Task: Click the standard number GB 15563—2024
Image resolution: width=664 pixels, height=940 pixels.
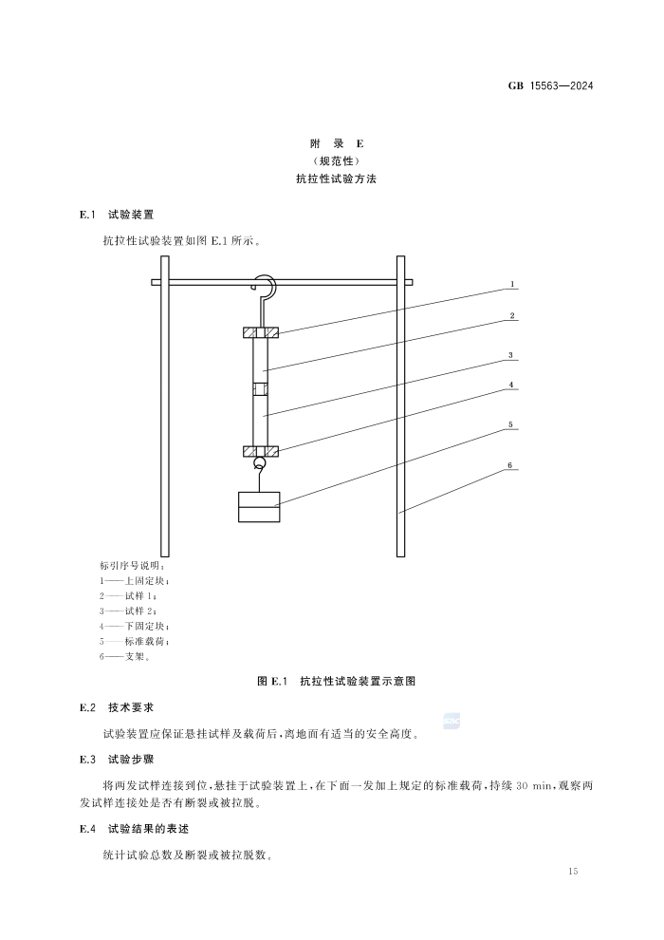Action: point(550,85)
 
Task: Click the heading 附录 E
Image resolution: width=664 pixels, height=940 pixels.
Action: point(337,144)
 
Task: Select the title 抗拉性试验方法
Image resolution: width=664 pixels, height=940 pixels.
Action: point(337,179)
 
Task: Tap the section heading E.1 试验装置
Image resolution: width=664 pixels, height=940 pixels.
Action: point(117,215)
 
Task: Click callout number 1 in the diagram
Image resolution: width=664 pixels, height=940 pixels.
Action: point(512,284)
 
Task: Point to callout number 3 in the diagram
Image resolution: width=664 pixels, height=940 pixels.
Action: point(510,355)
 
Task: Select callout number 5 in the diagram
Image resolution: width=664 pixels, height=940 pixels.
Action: point(510,425)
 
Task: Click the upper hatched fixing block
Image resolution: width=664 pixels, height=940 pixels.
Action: point(260,332)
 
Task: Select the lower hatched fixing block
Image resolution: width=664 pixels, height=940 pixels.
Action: point(260,451)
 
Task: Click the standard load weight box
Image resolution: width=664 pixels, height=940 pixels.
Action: point(259,507)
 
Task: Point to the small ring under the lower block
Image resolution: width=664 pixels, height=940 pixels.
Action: point(260,462)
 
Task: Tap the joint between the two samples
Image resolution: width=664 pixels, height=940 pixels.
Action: point(260,389)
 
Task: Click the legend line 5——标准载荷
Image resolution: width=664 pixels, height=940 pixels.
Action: point(135,642)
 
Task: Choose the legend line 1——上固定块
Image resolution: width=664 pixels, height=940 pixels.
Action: point(135,581)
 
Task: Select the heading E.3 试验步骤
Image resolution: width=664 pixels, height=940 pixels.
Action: point(117,760)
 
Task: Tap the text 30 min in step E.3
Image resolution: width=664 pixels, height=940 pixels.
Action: point(533,786)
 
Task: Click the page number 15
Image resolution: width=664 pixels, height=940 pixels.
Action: point(573,871)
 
